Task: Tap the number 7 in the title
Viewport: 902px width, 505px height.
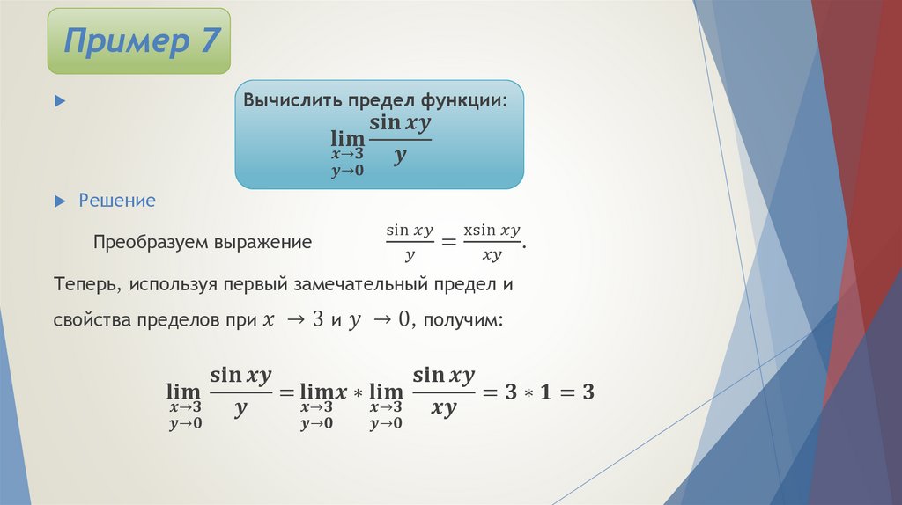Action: (x=208, y=40)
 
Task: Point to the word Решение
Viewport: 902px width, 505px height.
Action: (x=117, y=201)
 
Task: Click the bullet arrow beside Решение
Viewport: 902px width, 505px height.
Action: (x=60, y=201)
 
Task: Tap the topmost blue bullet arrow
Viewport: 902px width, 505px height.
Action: (x=60, y=102)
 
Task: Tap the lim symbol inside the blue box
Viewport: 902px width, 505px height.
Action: (x=347, y=138)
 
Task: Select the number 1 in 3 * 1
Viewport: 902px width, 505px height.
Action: (x=545, y=392)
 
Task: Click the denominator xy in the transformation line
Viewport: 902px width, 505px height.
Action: (x=492, y=256)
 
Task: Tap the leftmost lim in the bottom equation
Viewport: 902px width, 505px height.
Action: (x=183, y=391)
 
